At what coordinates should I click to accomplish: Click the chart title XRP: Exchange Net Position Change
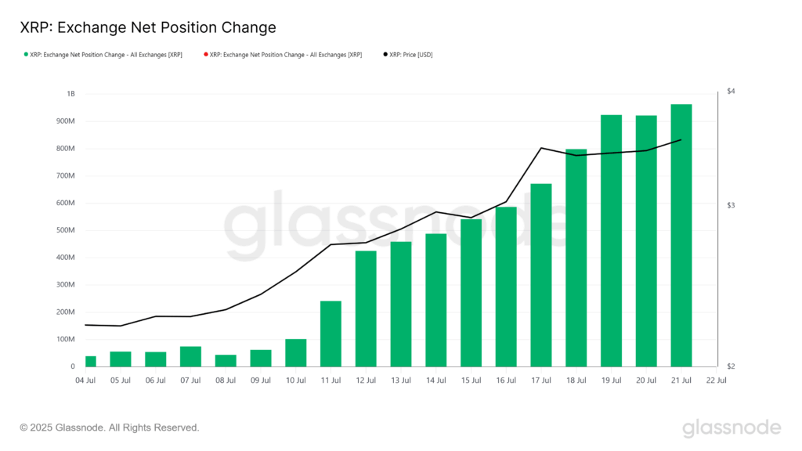click(148, 27)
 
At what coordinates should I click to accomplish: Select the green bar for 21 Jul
click(681, 235)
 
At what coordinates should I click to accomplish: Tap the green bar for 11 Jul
click(331, 334)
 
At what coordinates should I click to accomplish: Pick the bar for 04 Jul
click(91, 361)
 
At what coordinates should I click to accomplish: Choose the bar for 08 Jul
click(226, 360)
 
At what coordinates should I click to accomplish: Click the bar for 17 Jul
click(540, 275)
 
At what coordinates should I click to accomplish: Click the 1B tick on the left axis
click(70, 94)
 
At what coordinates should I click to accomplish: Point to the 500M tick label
click(66, 230)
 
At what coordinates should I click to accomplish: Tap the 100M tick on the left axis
click(66, 339)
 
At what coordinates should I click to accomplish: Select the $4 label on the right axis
click(730, 92)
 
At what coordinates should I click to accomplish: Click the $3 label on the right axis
click(730, 205)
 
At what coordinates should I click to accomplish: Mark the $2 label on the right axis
click(730, 366)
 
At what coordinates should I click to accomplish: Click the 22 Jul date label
click(716, 381)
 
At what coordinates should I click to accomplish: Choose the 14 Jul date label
click(435, 381)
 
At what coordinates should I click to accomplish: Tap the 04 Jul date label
click(85, 381)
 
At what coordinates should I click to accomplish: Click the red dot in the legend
click(206, 55)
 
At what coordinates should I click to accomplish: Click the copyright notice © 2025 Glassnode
click(110, 428)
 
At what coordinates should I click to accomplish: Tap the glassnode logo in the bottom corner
click(732, 428)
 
